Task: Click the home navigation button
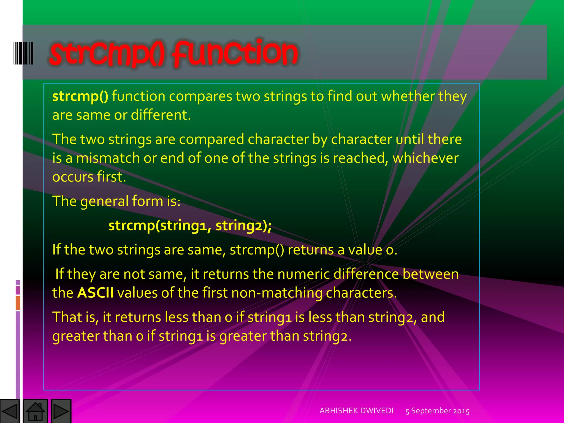(36, 411)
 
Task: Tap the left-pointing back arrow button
(10, 411)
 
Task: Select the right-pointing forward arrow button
(61, 411)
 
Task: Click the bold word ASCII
(95, 293)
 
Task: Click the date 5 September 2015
(437, 411)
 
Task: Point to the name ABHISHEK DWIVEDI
(356, 411)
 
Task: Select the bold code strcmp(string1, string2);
(190, 226)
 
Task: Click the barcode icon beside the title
(23, 53)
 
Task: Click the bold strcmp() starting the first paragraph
(80, 96)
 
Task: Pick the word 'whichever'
(425, 158)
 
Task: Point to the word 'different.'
(161, 115)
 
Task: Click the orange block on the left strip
(18, 303)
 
